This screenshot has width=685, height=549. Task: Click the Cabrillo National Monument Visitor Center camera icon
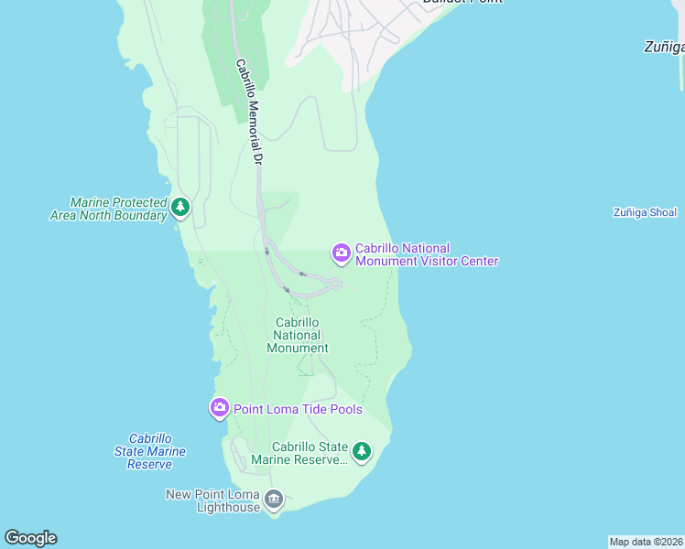(x=341, y=253)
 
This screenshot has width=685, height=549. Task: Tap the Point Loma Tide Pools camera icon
(x=219, y=408)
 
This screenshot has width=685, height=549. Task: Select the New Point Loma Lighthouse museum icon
(x=273, y=499)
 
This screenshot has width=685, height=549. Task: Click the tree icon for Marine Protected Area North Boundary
(x=181, y=208)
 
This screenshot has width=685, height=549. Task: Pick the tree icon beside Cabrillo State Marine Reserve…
(x=363, y=451)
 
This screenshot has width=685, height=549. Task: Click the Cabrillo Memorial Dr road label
(x=249, y=112)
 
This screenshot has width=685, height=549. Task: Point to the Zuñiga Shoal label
(x=645, y=212)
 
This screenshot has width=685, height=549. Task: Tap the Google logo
(x=30, y=538)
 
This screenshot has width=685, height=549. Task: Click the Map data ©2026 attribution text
(x=646, y=542)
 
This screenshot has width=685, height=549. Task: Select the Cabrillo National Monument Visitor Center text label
(x=427, y=254)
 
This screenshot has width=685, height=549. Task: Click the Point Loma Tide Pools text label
(x=298, y=409)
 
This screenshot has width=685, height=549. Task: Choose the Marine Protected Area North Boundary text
(x=108, y=209)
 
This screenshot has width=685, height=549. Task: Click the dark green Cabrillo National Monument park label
(x=298, y=335)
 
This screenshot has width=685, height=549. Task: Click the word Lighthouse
(x=228, y=507)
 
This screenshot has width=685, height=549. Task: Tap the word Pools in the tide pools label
(x=346, y=409)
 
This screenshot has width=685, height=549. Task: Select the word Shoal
(x=660, y=212)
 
